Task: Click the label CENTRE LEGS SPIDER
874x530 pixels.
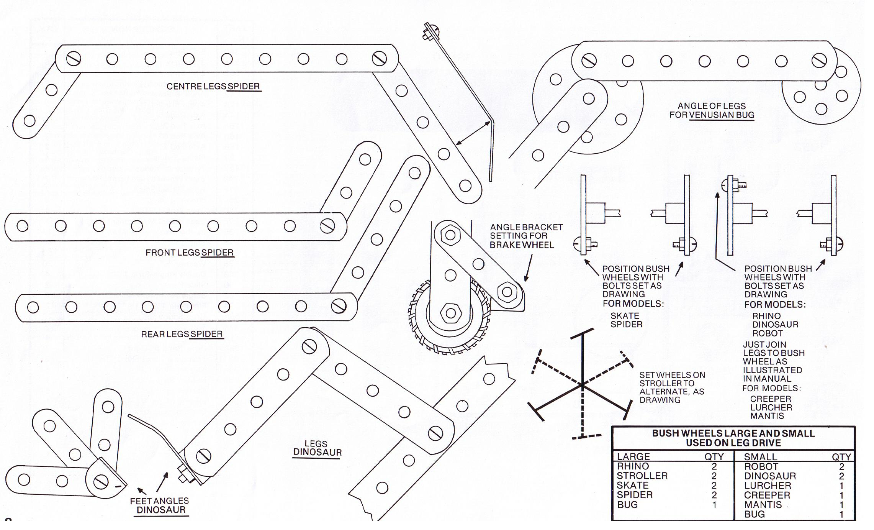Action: point(213,87)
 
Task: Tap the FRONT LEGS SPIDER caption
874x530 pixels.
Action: point(190,253)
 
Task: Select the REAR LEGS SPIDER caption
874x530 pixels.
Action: point(182,335)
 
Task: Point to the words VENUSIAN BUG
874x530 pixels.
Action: point(722,115)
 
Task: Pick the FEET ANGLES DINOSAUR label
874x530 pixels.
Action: point(160,505)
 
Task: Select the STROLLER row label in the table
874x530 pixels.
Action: point(642,476)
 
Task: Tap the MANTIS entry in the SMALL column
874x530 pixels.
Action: point(763,505)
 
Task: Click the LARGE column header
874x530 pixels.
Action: point(633,457)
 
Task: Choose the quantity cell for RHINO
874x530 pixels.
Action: point(714,466)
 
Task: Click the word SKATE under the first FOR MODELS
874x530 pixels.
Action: point(625,316)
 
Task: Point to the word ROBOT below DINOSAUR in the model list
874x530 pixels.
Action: point(767,333)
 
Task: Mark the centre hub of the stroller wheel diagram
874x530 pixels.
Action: point(583,384)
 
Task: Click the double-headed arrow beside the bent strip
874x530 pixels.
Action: point(473,133)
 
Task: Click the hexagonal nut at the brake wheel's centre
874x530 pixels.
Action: point(450,313)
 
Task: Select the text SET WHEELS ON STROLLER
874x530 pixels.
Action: point(672,379)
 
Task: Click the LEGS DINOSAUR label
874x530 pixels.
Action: point(317,448)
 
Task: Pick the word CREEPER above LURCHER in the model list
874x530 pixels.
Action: point(770,399)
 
